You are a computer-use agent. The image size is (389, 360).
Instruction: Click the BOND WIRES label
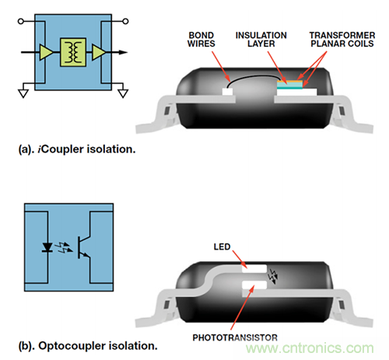(202, 40)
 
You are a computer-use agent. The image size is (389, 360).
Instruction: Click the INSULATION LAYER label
(261, 40)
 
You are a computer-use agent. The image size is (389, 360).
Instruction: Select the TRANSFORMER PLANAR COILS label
(342, 40)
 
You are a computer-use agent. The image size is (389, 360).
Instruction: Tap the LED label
(222, 246)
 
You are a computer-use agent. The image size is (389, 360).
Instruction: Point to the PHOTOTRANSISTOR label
(235, 337)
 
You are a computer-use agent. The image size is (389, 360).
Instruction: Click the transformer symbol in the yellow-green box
(73, 52)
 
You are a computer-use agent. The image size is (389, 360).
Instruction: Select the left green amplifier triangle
(46, 52)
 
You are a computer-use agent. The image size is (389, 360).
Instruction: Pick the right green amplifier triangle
(99, 52)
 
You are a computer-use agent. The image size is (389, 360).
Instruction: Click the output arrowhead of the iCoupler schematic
(123, 52)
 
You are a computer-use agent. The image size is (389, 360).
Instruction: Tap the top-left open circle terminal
(21, 21)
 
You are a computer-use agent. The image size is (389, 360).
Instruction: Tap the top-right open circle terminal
(125, 21)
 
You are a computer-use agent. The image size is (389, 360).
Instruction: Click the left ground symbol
(23, 93)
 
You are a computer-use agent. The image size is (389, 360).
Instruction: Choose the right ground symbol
(123, 93)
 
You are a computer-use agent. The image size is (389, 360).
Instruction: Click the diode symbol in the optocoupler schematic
(47, 247)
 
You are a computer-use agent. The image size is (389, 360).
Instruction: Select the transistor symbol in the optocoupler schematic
(84, 247)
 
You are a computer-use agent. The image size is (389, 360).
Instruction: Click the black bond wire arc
(253, 77)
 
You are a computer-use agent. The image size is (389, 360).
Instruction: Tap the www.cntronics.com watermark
(310, 348)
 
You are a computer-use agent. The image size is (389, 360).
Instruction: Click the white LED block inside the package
(254, 269)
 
